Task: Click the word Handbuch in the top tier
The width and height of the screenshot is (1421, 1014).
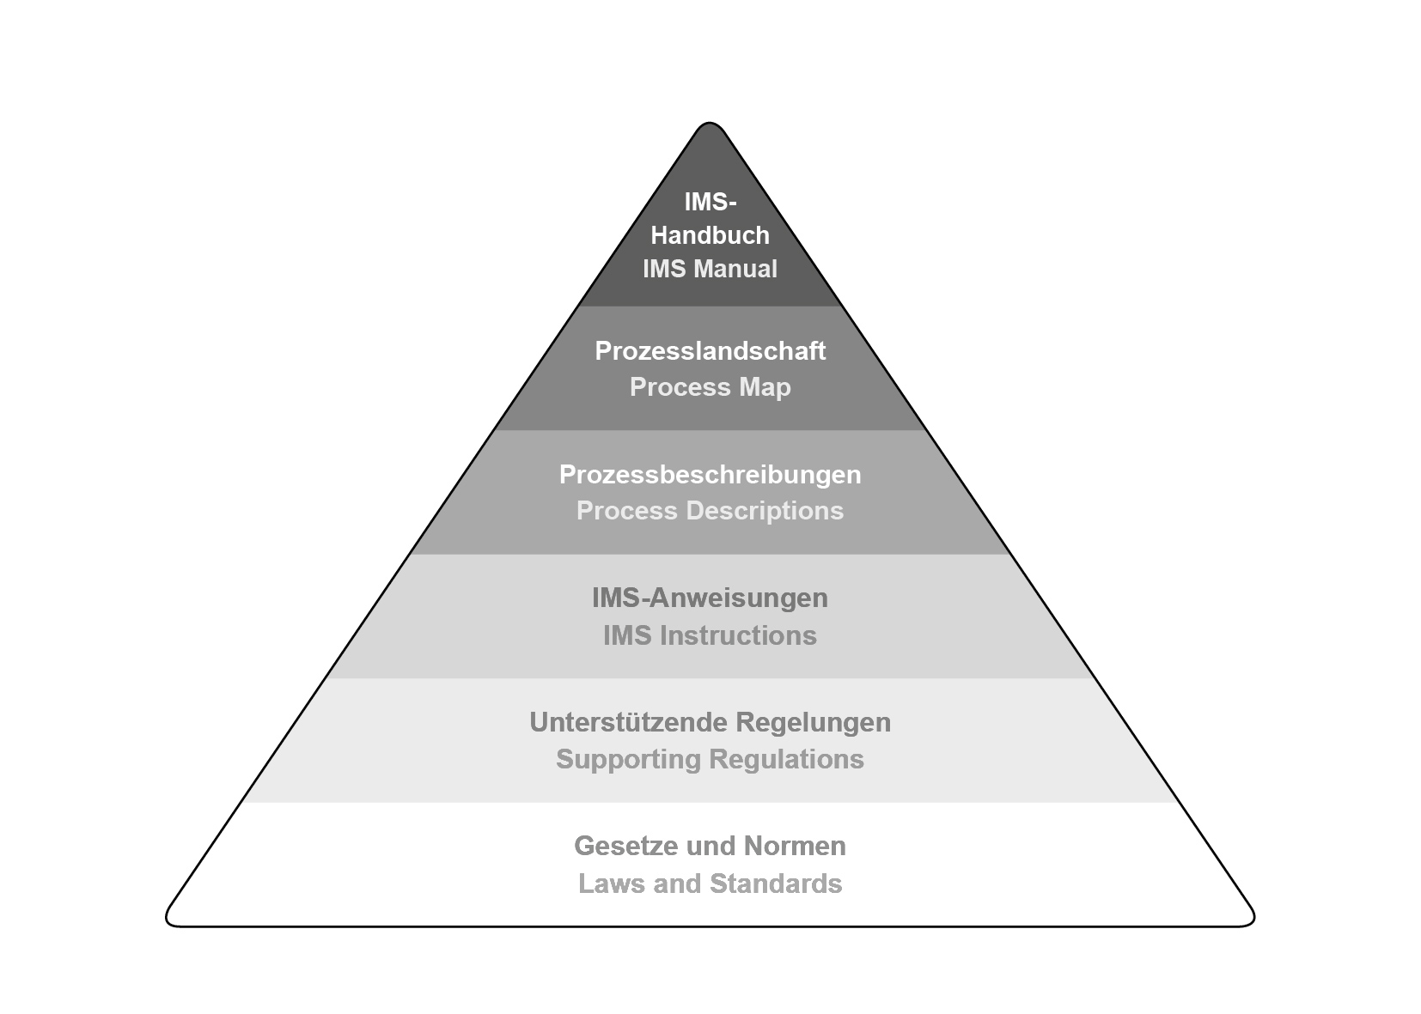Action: pyautogui.click(x=710, y=235)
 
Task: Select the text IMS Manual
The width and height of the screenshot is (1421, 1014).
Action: pyautogui.click(x=710, y=269)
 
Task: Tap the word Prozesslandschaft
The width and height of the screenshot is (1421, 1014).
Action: pyautogui.click(x=710, y=350)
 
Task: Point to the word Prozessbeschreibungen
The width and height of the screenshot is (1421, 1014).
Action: pyautogui.click(x=710, y=474)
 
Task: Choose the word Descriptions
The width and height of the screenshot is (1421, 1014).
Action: pyautogui.click(x=765, y=511)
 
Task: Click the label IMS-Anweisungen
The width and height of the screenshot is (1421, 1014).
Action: pyautogui.click(x=710, y=598)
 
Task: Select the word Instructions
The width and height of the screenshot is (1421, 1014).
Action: pyautogui.click(x=738, y=635)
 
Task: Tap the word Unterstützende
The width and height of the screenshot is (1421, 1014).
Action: pyautogui.click(x=629, y=722)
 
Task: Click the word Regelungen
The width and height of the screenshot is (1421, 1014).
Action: pyautogui.click(x=814, y=722)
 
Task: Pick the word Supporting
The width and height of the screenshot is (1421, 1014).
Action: pyautogui.click(x=627, y=759)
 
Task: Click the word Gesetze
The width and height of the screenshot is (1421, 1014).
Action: pyautogui.click(x=622, y=846)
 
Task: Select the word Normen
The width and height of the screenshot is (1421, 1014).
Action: pyautogui.click(x=794, y=846)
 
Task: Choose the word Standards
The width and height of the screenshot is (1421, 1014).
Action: pyautogui.click(x=776, y=883)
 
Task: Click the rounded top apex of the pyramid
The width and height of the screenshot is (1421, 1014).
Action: pyautogui.click(x=709, y=124)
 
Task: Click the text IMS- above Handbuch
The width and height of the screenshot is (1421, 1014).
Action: pyautogui.click(x=710, y=202)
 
